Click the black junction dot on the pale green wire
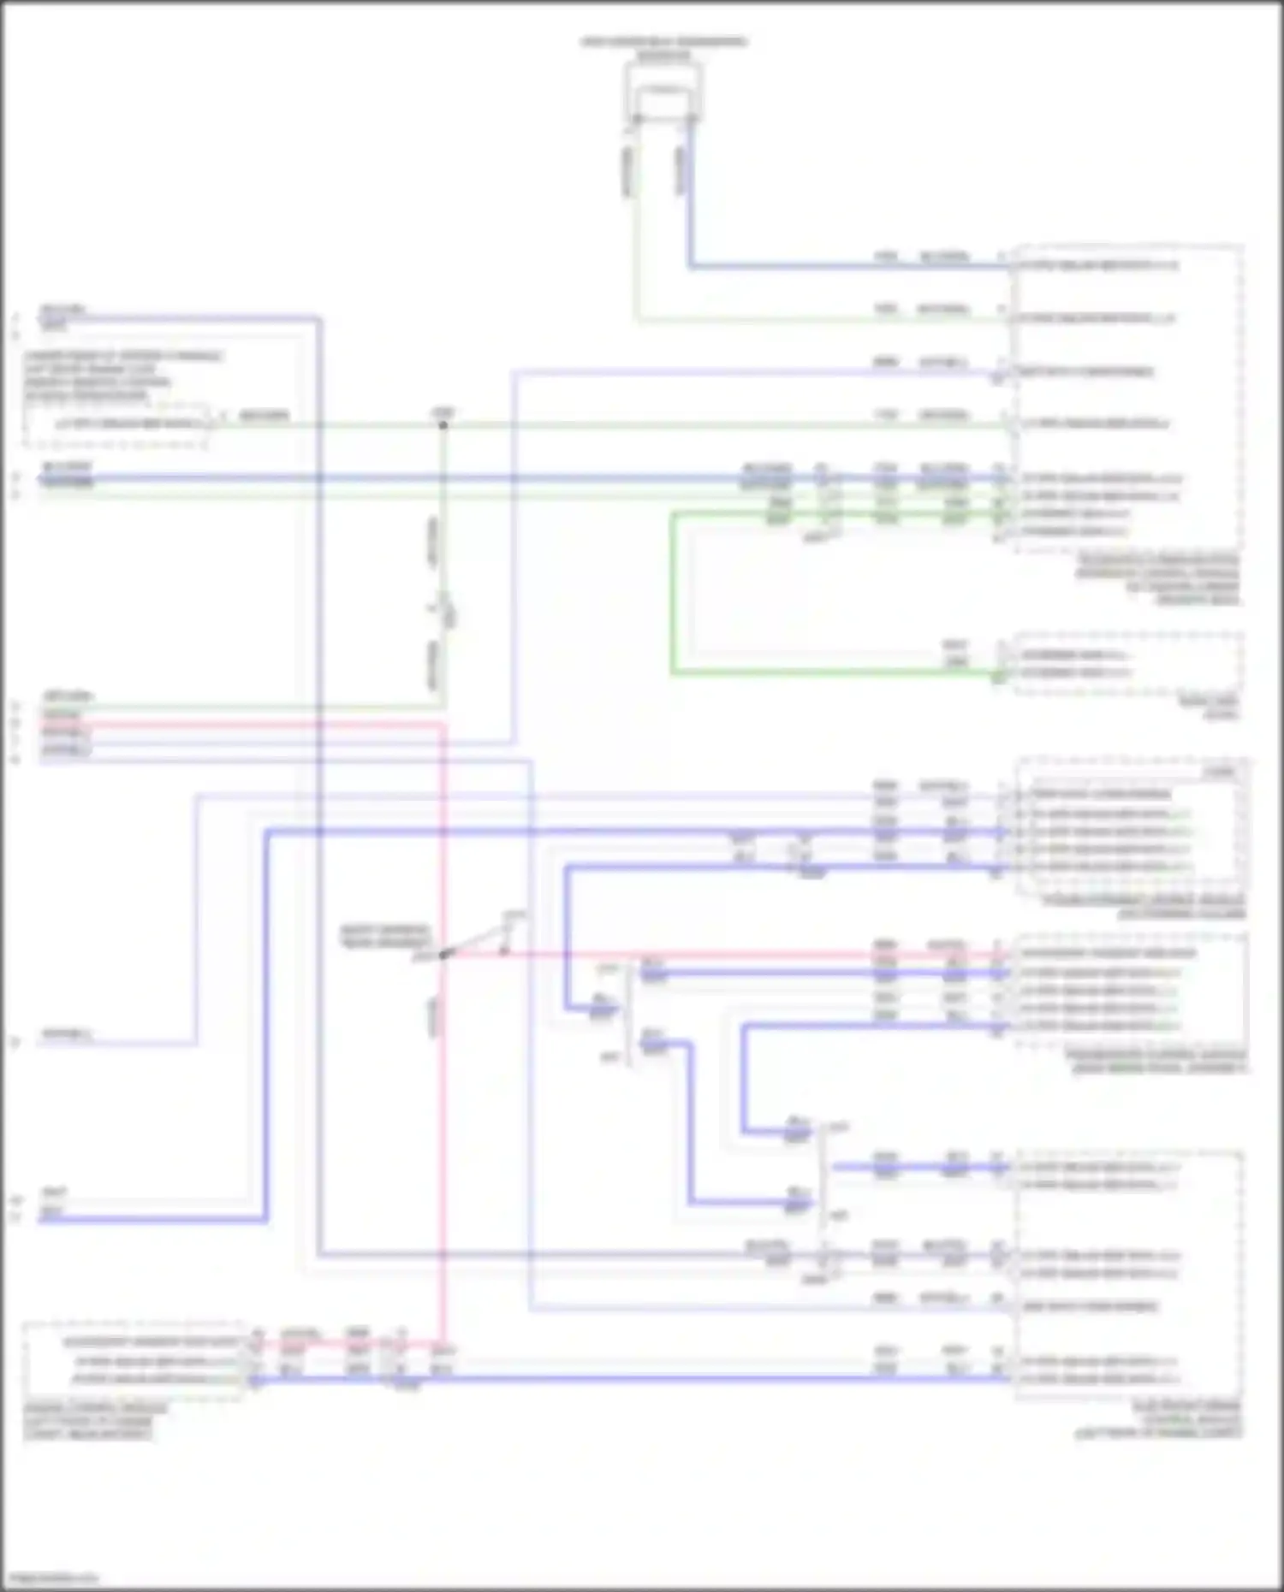coord(443,424)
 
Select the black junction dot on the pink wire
coord(443,955)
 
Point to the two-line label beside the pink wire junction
coord(384,936)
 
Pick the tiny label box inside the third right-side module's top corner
coord(1221,772)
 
